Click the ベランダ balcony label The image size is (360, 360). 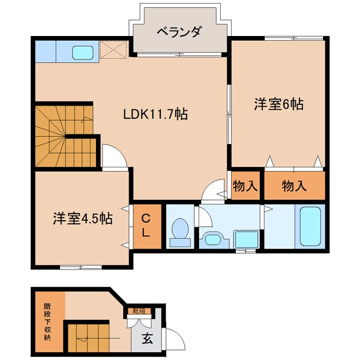tap(179, 32)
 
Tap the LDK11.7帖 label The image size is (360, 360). tap(155, 114)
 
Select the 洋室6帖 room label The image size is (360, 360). tap(279, 104)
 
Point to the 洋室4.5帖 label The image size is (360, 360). tap(83, 218)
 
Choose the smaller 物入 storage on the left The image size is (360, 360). tap(245, 185)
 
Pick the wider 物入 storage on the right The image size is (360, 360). tap(295, 185)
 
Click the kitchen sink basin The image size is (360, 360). tap(83, 52)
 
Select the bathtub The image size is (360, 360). tap(310, 226)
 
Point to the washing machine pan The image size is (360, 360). tap(247, 239)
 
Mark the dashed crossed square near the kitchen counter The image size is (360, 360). tap(114, 50)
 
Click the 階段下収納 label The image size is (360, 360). tap(47, 322)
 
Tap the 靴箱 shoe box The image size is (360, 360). tap(139, 311)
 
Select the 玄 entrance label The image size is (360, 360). tap(147, 338)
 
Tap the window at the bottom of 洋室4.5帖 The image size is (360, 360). tap(80, 267)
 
